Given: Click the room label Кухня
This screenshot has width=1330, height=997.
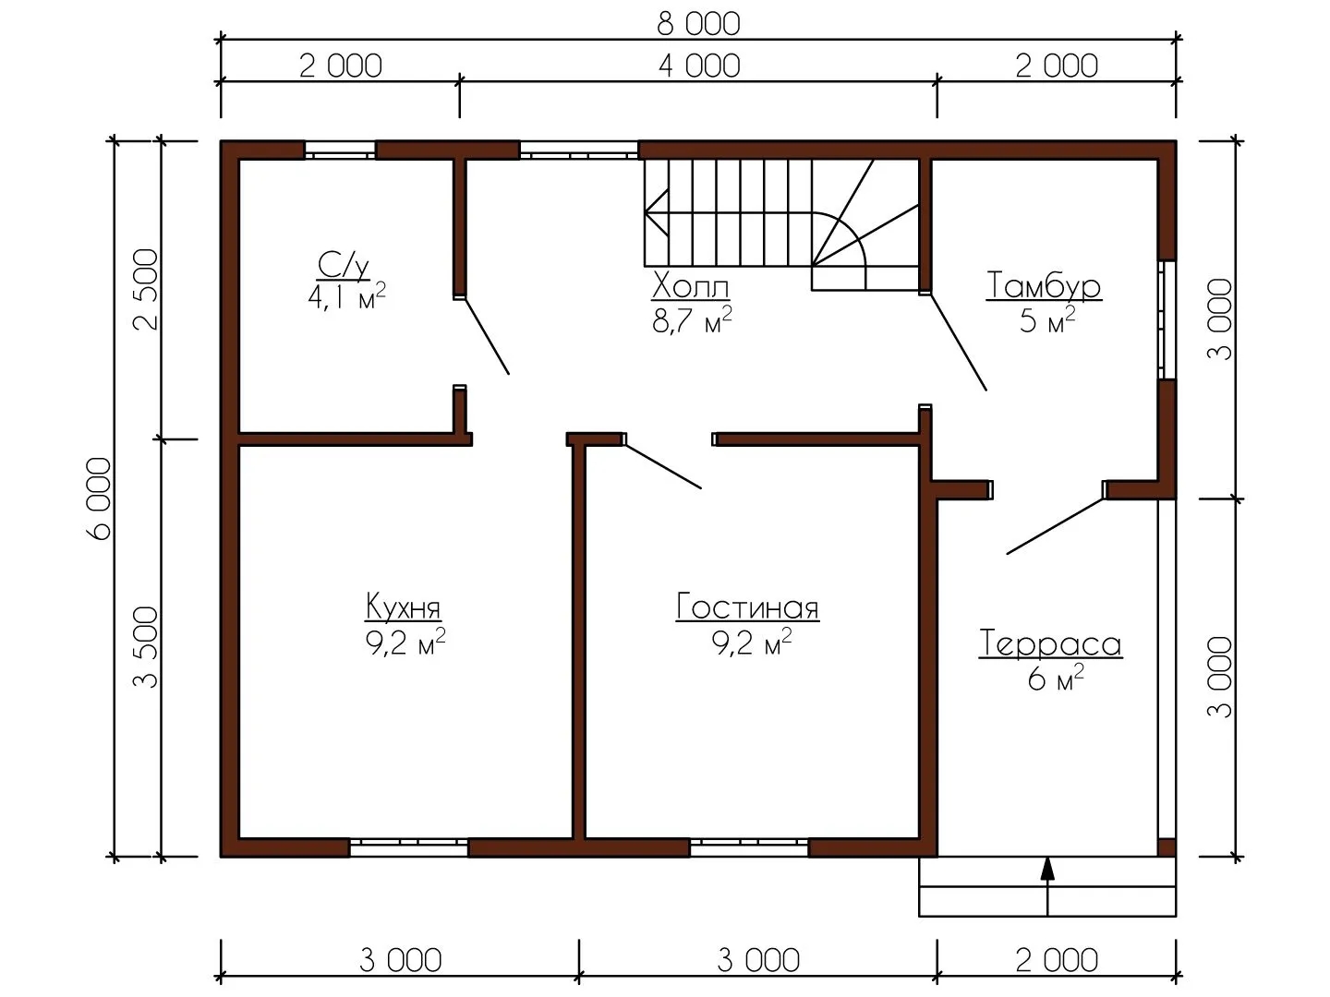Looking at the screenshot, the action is pos(403,607).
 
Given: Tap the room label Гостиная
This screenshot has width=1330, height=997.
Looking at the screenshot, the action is pos(747,607).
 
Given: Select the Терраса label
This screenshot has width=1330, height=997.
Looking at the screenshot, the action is pos(1050,643).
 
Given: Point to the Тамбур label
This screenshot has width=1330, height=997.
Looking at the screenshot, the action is pos(1044,286).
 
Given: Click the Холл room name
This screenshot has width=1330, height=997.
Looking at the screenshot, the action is pos(691,286).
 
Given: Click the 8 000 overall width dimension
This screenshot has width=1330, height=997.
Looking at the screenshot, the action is pos(698,24).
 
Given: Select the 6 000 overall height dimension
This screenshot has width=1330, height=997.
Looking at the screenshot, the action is pos(100,498).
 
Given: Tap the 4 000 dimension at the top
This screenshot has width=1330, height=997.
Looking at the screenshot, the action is pos(699,66).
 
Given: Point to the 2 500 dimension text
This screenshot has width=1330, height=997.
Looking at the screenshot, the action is pos(145,289).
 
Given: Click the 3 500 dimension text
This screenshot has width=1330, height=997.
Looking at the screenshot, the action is pos(145,647).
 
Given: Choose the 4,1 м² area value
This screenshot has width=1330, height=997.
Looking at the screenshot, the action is pos(346,296).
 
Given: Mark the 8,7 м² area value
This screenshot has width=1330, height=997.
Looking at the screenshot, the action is pos(692,319).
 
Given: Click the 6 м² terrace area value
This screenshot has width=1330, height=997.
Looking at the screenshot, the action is pos(1056,678).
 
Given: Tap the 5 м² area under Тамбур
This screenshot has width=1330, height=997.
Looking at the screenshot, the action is pos(1047,319).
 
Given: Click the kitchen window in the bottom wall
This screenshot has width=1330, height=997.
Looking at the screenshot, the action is pos(408,847).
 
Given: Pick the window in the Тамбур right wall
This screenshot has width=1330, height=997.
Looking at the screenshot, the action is pos(1167,319).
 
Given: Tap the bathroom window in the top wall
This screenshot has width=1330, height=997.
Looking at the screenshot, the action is pos(340,150).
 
